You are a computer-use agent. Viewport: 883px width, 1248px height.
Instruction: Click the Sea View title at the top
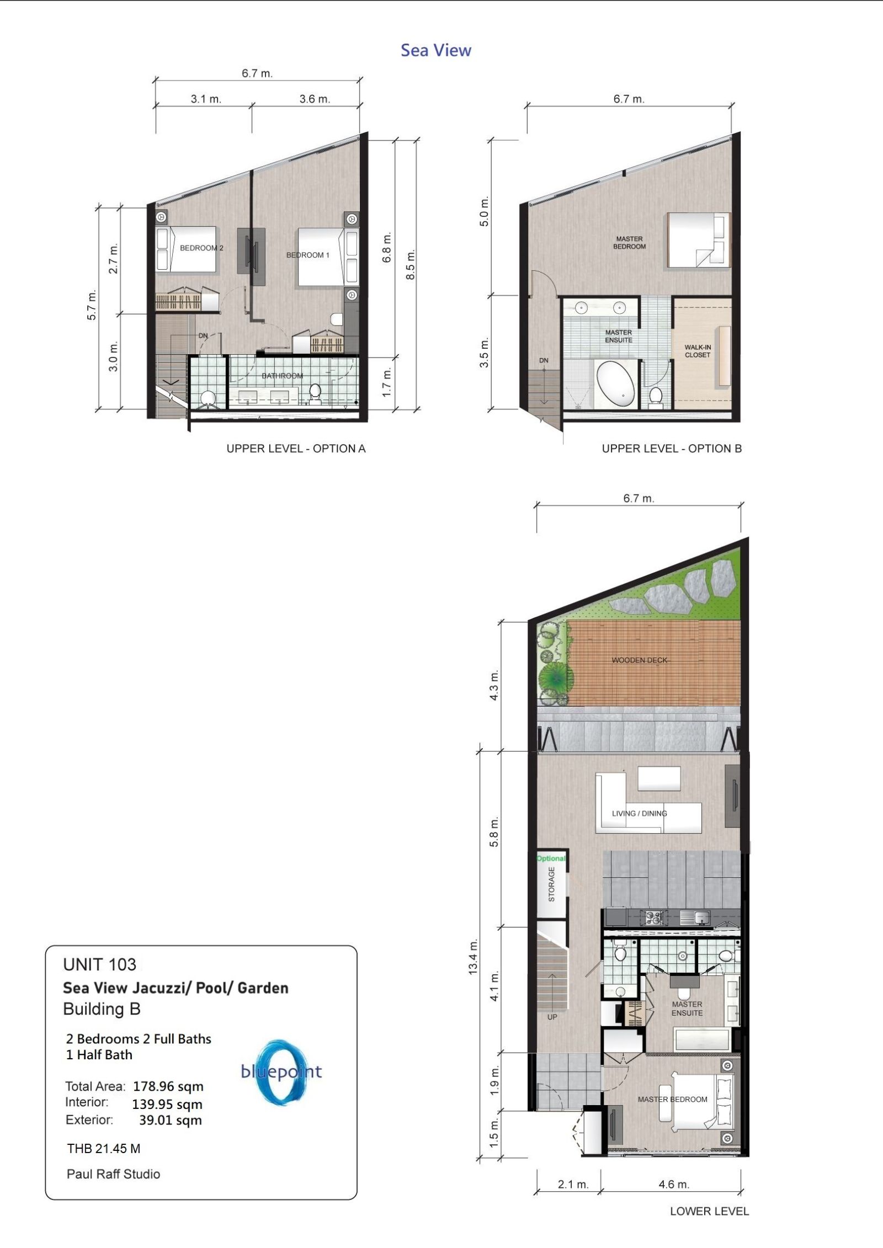[x=436, y=50]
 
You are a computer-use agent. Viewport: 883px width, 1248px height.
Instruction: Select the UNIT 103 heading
[x=99, y=964]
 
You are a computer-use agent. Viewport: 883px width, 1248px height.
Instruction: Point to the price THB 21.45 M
[x=104, y=1149]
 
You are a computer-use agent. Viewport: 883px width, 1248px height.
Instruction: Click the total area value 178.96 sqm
[x=168, y=1086]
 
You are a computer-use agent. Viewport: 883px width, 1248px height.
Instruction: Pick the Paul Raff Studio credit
[x=113, y=1174]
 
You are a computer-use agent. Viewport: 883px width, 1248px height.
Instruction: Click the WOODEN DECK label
[x=639, y=660]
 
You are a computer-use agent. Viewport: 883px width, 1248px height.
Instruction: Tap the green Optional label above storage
[x=551, y=858]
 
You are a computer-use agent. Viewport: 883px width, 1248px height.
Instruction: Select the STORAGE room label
[x=551, y=884]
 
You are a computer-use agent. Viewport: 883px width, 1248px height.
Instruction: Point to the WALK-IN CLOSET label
[x=698, y=351]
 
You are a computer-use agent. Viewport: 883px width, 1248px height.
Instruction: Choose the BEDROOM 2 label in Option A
[x=201, y=248]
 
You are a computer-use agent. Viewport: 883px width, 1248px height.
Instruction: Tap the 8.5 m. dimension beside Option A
[x=410, y=265]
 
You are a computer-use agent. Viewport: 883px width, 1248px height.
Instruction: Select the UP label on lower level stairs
[x=552, y=1017]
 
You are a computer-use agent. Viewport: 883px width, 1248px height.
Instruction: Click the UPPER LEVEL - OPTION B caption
[x=672, y=449]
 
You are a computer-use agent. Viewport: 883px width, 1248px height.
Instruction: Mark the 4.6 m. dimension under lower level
[x=674, y=1184]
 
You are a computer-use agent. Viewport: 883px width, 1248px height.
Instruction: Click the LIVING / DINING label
[x=639, y=813]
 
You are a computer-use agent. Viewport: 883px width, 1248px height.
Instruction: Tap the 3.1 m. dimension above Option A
[x=206, y=99]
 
